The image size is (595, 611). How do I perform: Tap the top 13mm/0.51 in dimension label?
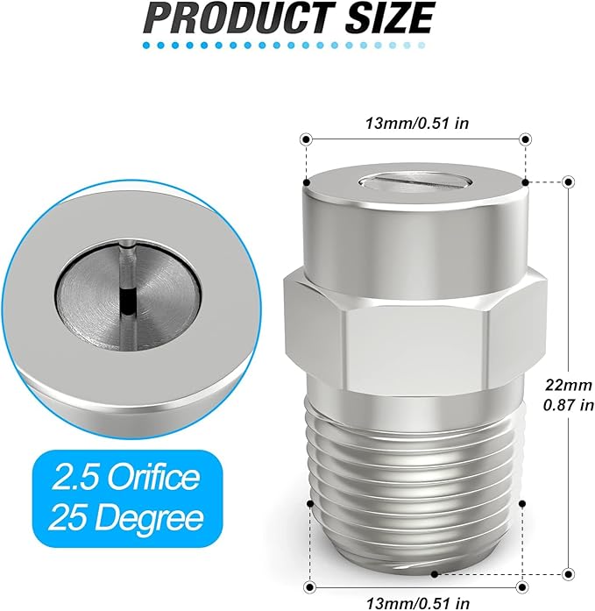point(416,123)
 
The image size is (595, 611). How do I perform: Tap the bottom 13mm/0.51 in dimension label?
point(416,600)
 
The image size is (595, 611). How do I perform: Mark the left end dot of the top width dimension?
point(306,139)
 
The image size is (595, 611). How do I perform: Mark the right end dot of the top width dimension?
point(526,139)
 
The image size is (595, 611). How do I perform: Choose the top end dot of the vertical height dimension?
point(569,181)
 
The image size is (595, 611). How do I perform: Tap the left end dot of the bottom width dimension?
point(309,585)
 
